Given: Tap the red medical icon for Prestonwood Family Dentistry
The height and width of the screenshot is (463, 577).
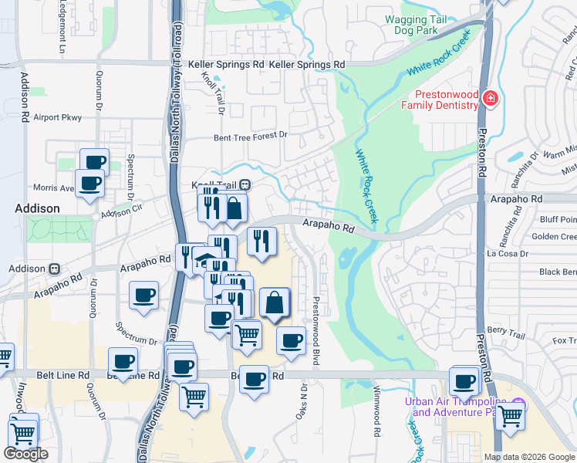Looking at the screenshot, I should coord(489,98).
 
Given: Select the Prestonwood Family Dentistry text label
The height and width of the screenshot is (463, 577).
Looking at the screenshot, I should coord(440,98).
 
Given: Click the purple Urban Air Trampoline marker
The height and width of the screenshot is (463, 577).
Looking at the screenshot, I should coord(519,403).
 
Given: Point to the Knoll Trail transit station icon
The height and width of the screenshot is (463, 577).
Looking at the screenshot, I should coord(245,184).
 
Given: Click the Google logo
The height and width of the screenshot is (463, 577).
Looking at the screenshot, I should coord(25,454).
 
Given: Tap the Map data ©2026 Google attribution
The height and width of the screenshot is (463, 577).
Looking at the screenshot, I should coord(528,457).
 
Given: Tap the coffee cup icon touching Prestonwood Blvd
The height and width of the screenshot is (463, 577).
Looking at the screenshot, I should coord(291,341).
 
